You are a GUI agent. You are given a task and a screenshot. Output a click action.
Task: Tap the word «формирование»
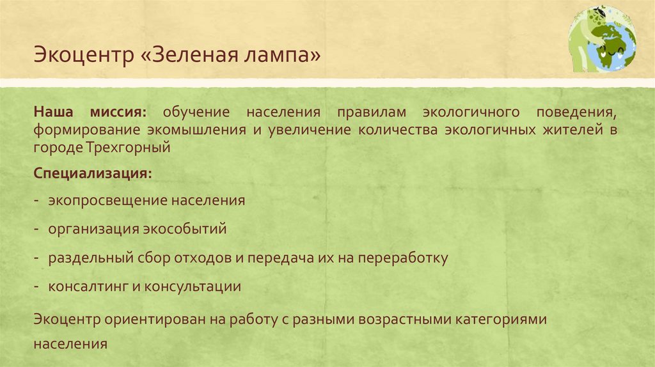click(x=84, y=130)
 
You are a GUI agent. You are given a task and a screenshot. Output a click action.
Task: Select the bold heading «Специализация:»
click(x=93, y=173)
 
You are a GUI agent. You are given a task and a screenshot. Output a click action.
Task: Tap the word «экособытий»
click(x=191, y=228)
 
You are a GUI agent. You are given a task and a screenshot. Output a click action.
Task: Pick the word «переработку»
click(x=403, y=258)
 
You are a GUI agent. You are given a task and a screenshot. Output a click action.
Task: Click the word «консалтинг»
click(x=88, y=286)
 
